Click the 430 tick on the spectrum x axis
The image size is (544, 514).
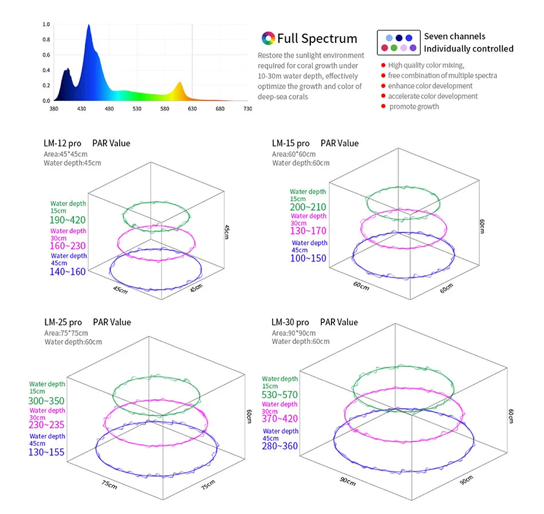(81, 109)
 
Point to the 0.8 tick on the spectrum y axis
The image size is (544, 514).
(46, 39)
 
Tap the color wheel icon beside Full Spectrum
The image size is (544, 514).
(268, 38)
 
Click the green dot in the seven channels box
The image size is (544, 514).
(394, 48)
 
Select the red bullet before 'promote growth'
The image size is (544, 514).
(383, 106)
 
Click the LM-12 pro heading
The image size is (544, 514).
(62, 143)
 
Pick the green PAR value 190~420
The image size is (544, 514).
(68, 220)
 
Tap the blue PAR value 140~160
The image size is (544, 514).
(68, 271)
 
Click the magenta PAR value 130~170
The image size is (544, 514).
(309, 231)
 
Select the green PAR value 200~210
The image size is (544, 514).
(308, 207)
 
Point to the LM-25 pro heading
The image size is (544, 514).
(63, 322)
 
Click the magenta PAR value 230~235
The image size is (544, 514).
(46, 425)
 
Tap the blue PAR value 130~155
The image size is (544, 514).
(46, 452)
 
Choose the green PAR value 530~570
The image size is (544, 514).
(279, 395)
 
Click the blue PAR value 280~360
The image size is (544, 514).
(279, 446)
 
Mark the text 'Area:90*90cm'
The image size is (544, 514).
(294, 333)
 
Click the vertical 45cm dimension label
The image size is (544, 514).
(227, 232)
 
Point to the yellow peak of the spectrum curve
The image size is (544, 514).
(180, 82)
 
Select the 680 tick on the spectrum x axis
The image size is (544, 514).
(220, 109)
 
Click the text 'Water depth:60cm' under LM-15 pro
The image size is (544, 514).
(301, 163)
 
